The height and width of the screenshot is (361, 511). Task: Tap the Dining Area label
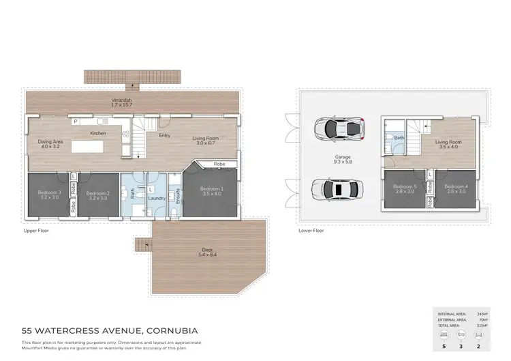(x=50, y=143)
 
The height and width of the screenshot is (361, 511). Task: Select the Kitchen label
(x=98, y=133)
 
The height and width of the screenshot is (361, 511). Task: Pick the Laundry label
(x=157, y=199)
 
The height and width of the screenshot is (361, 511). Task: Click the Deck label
(x=206, y=252)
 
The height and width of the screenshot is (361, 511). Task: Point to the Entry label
(x=164, y=135)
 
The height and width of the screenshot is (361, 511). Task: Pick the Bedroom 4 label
(x=456, y=189)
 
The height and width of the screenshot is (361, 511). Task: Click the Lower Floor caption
(x=311, y=231)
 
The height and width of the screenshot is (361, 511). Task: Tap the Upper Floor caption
(x=36, y=231)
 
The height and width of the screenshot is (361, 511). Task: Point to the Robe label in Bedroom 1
(x=219, y=164)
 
